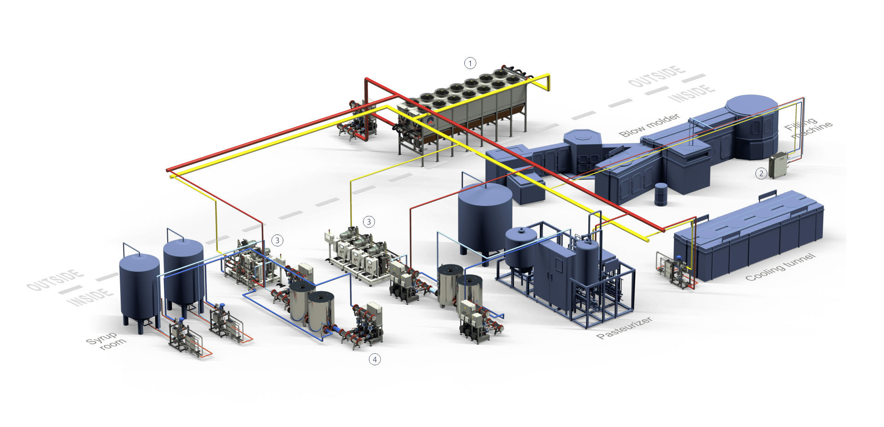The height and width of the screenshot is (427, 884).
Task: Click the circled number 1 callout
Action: click(x=469, y=62)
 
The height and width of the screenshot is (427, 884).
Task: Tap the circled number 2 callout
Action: click(x=761, y=173)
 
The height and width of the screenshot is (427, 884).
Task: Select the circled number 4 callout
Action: click(x=375, y=359)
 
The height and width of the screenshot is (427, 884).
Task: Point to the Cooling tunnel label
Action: click(x=779, y=267)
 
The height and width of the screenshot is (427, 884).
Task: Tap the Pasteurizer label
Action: click(x=624, y=328)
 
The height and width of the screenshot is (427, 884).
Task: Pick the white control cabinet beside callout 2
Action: click(x=779, y=166)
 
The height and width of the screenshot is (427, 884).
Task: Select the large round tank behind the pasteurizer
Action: click(x=485, y=216)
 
